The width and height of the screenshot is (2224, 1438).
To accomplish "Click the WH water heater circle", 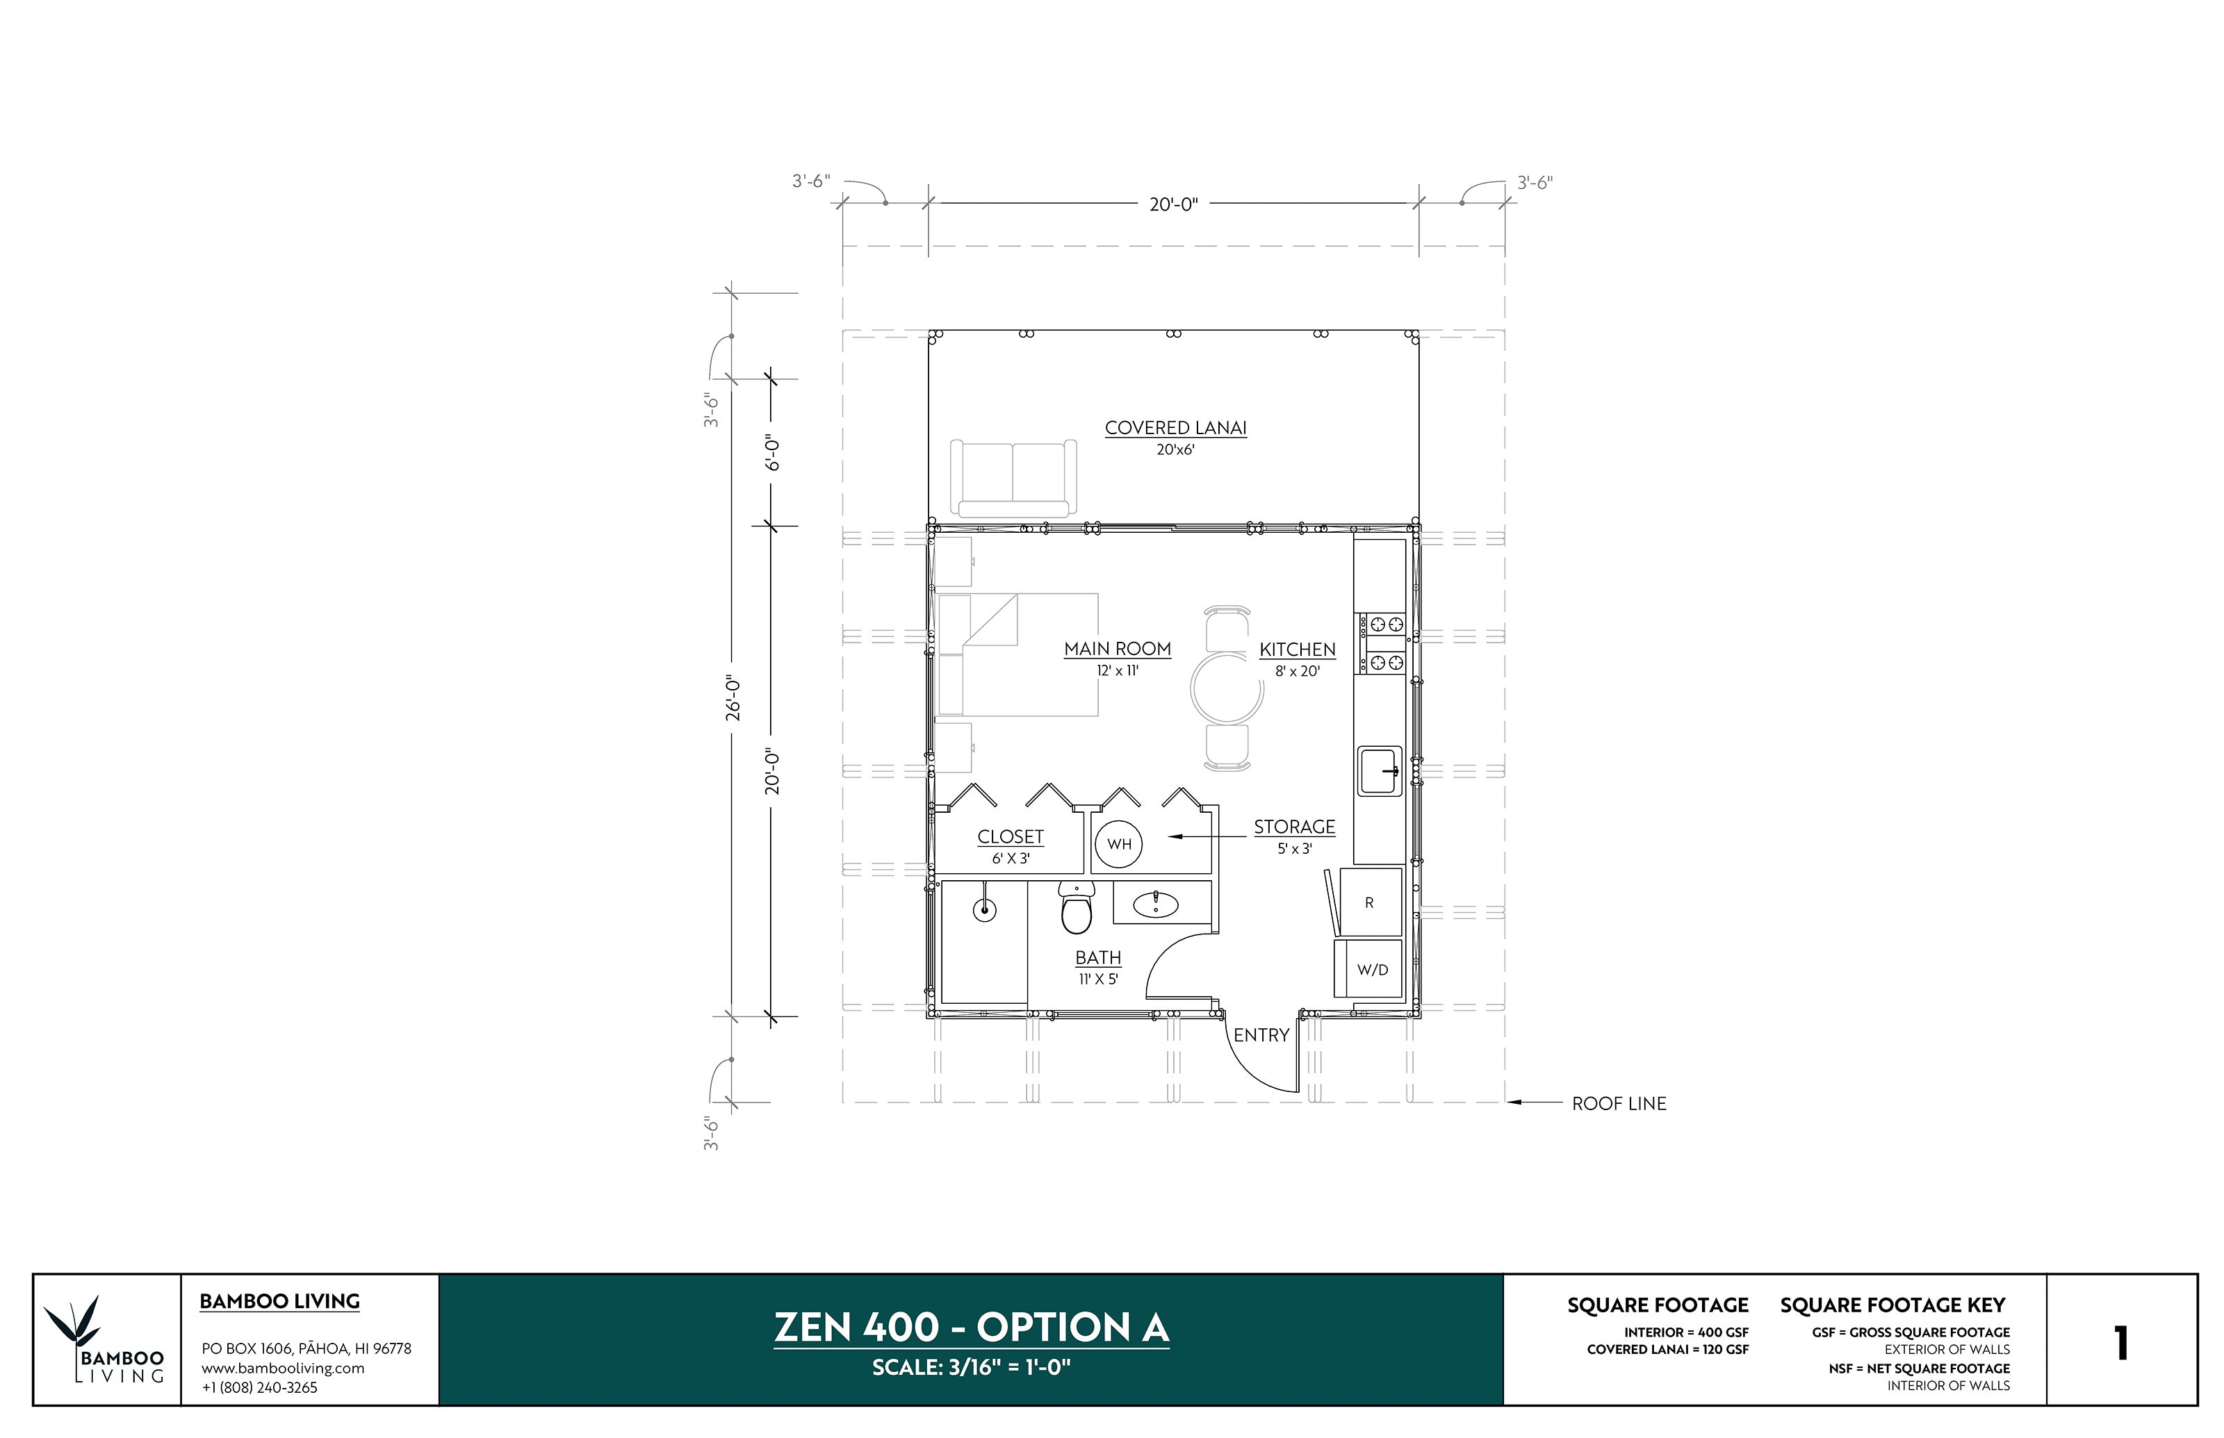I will pyautogui.click(x=1118, y=844).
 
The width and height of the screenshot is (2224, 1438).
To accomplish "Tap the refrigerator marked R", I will pyautogui.click(x=1369, y=902).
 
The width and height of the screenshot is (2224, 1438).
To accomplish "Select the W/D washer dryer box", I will pyautogui.click(x=1371, y=969).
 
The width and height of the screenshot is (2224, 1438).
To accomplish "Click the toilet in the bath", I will pyautogui.click(x=1076, y=911).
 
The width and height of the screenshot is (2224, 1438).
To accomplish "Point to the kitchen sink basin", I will pyautogui.click(x=1379, y=770).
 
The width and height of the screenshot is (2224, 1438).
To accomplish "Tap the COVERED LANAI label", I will pyautogui.click(x=1175, y=428).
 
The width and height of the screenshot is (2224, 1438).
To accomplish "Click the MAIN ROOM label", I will pyautogui.click(x=1117, y=648).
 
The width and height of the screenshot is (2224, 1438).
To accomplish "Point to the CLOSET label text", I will pyautogui.click(x=1010, y=836).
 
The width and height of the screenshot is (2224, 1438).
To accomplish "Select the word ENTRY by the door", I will pyautogui.click(x=1261, y=1034).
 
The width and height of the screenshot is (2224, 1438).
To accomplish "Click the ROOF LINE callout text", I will pyautogui.click(x=1619, y=1104).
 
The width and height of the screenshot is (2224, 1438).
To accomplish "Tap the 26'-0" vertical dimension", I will pyautogui.click(x=733, y=698).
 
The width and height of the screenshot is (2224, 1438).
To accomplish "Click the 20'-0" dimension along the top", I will pyautogui.click(x=1173, y=204).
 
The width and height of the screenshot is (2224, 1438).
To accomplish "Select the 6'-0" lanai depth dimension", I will pyautogui.click(x=772, y=453).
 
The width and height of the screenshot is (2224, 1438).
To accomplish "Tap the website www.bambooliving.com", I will pyautogui.click(x=282, y=1368).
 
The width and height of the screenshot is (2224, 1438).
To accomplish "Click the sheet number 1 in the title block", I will pyautogui.click(x=2120, y=1343).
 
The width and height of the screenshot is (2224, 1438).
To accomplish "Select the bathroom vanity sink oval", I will pyautogui.click(x=1154, y=904).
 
